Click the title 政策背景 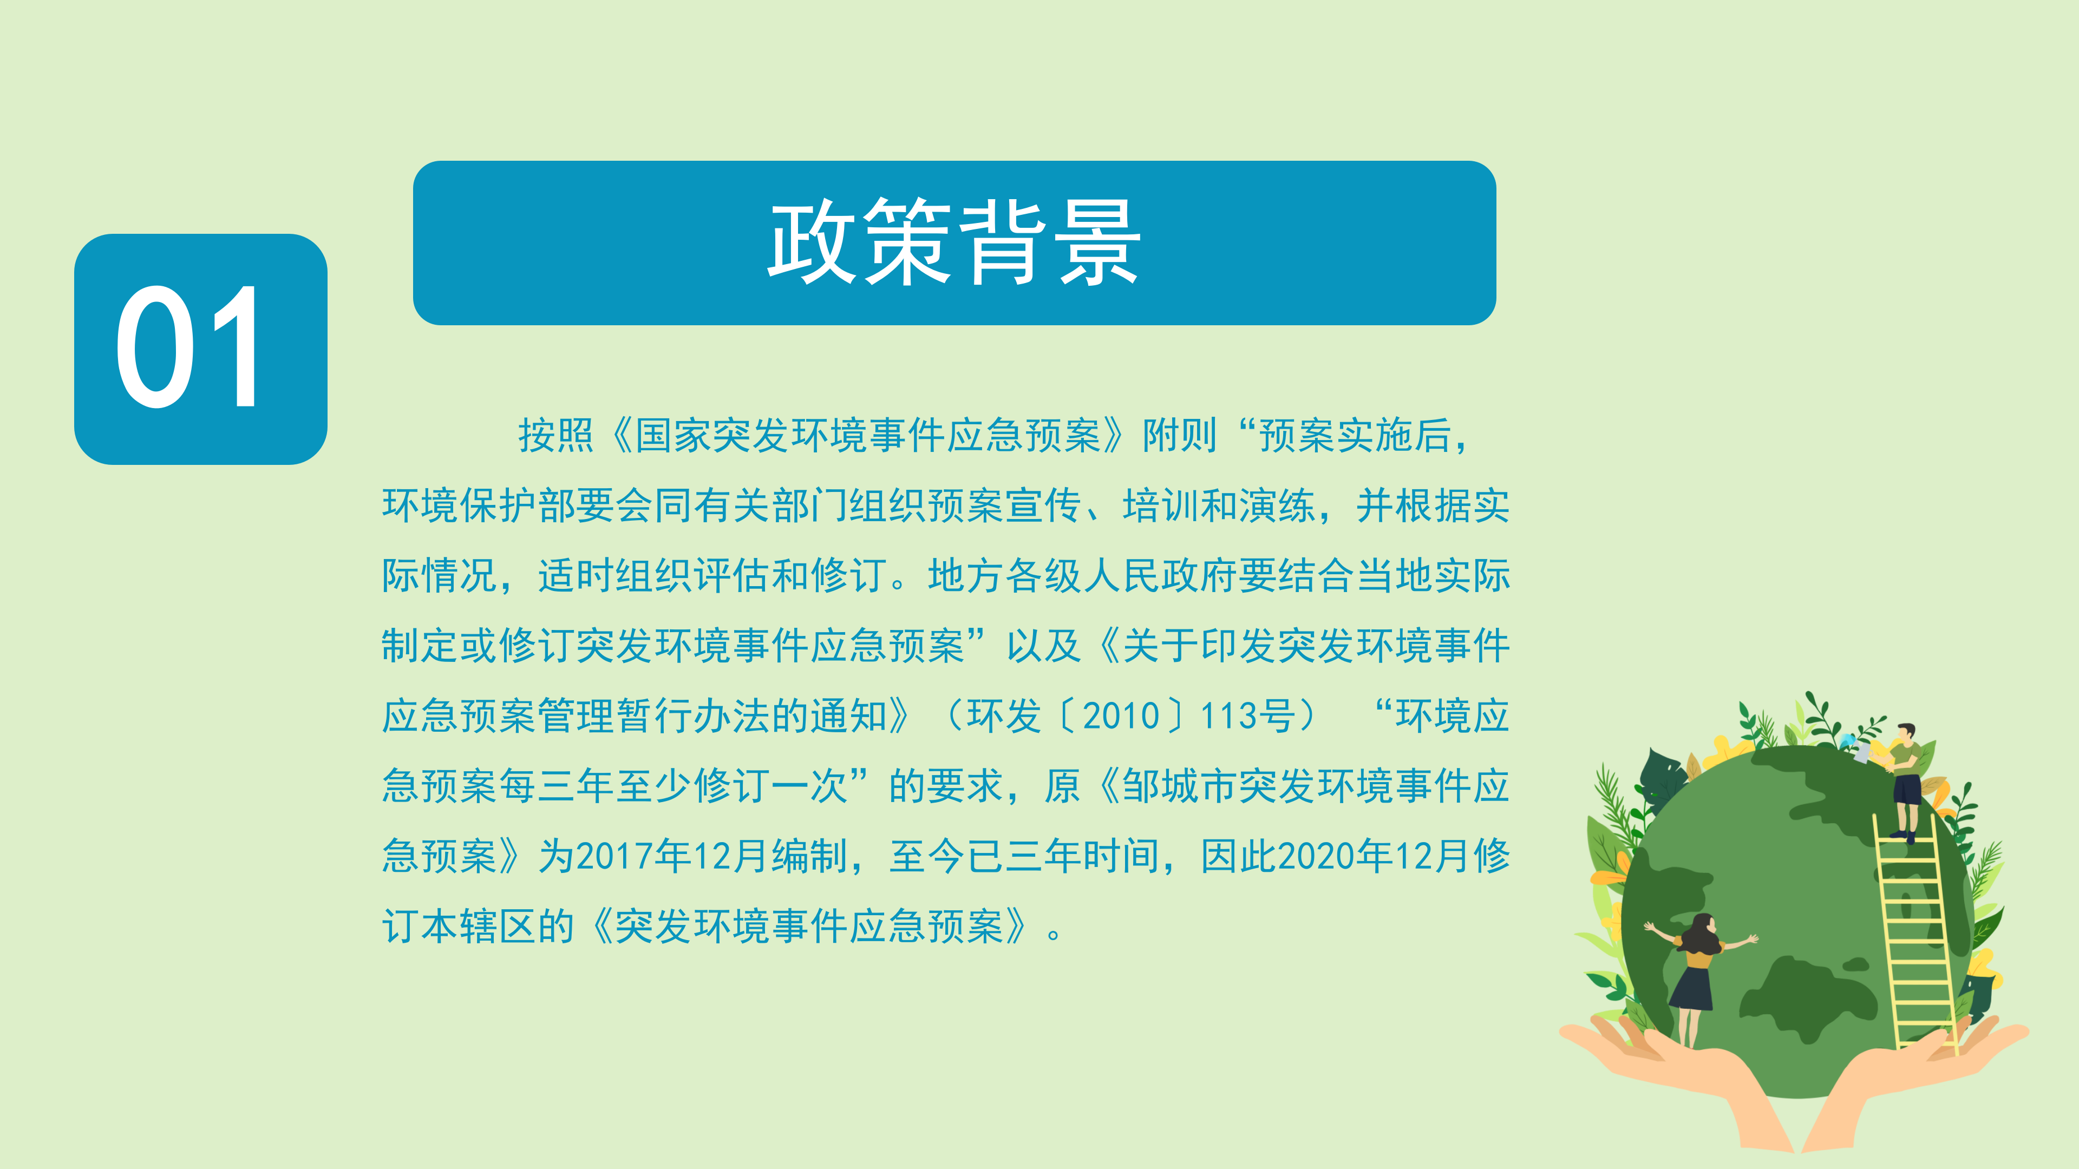954,242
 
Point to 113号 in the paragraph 1248,715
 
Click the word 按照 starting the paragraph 556,436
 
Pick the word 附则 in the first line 1179,436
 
